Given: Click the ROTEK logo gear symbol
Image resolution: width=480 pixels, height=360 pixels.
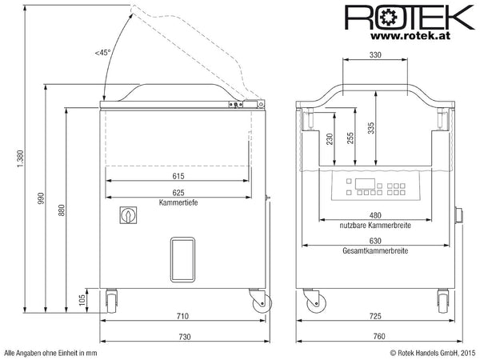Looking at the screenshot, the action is (x=388, y=17).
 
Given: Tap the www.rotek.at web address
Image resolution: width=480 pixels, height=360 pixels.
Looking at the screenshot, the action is (x=410, y=35).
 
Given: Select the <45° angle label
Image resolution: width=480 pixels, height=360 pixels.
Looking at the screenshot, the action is (x=102, y=53).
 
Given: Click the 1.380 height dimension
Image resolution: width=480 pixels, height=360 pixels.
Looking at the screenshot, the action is (x=20, y=158).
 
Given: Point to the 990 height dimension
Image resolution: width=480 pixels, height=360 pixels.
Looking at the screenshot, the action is (x=41, y=198).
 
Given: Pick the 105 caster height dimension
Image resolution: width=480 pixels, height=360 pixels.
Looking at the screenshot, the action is (x=82, y=300).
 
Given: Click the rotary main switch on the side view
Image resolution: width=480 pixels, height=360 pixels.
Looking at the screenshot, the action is (x=128, y=215).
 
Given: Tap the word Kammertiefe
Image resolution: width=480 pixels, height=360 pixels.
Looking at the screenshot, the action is (x=178, y=202).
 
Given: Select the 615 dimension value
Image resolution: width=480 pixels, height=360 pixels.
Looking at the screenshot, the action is (x=178, y=176).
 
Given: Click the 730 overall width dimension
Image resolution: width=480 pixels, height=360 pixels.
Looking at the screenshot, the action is (x=185, y=337).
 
